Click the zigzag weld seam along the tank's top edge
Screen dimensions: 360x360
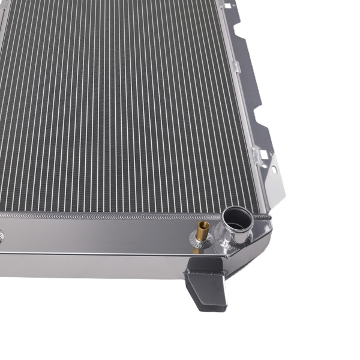120,214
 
